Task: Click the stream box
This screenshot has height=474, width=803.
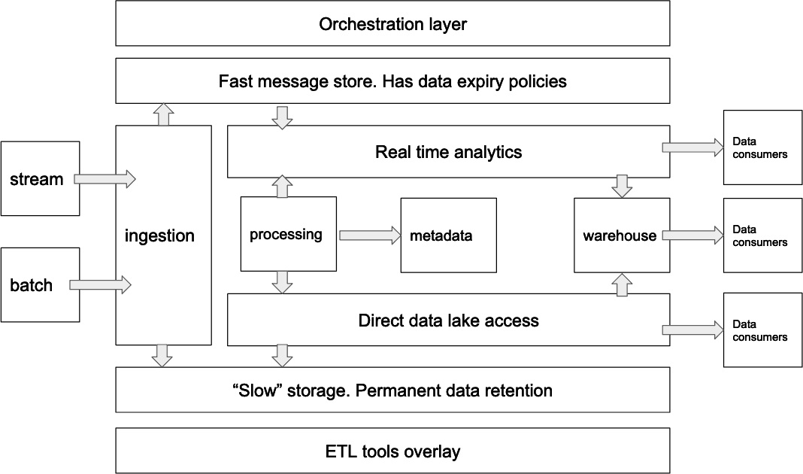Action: coord(40,179)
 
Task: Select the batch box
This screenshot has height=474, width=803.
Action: coord(40,285)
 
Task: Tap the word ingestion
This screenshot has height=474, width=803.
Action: coord(159,235)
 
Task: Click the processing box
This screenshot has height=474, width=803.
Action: coord(287,234)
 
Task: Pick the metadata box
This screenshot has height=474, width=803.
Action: coord(448,235)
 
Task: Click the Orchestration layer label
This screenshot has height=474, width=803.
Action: coord(392,24)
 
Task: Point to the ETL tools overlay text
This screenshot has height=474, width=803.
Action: coord(392,451)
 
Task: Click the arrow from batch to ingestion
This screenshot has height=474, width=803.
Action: coord(101,285)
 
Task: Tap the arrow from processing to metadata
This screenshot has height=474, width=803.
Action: coord(369,235)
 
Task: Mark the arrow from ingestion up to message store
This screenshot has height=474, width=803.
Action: coord(162,114)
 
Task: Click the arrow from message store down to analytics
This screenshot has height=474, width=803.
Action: coord(281,117)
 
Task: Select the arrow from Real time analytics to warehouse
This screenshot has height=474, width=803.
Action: coord(622,186)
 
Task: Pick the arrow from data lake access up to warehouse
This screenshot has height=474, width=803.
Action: coord(622,284)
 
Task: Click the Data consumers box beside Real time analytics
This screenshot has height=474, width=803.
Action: coord(762,147)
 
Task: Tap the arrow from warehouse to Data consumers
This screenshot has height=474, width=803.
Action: coord(692,235)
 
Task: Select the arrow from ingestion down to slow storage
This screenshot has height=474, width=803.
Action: coord(162,355)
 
